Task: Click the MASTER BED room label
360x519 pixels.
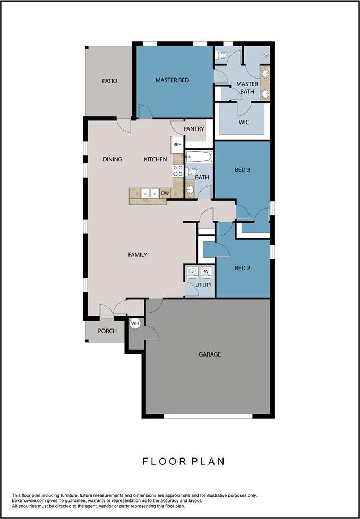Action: click(172, 80)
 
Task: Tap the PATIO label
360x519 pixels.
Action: click(109, 81)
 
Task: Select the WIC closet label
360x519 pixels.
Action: click(244, 122)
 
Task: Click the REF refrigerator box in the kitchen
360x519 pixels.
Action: click(177, 144)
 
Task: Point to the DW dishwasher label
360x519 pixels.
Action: click(165, 194)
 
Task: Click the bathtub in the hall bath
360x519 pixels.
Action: click(199, 157)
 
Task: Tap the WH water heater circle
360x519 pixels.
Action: click(135, 323)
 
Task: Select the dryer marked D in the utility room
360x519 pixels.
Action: click(192, 273)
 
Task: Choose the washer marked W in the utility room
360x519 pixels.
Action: click(207, 273)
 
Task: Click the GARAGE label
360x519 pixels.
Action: click(210, 354)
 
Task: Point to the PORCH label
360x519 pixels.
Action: click(107, 331)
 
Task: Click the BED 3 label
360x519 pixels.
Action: click(242, 170)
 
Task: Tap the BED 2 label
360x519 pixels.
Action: click(242, 268)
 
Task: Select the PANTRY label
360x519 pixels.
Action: click(193, 129)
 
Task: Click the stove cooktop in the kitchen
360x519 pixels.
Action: click(178, 170)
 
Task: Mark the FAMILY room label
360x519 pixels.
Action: click(138, 255)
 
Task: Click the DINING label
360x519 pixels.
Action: click(112, 159)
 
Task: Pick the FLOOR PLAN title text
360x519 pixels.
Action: click(183, 462)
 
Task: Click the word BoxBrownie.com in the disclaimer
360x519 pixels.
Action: click(30, 500)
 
